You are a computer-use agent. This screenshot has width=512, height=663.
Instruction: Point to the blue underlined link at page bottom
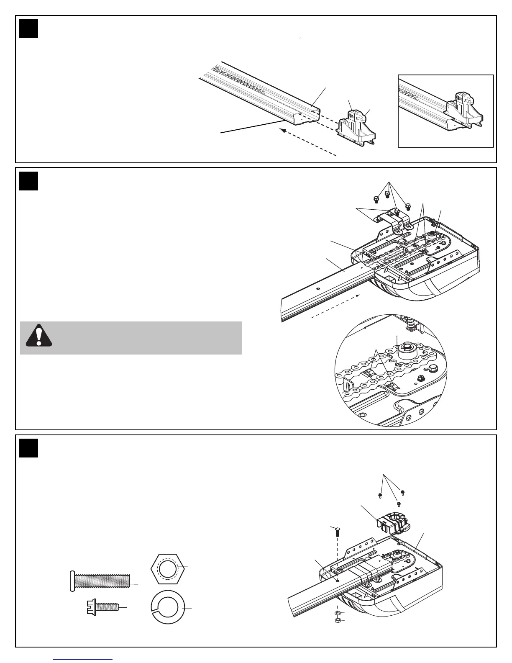83,660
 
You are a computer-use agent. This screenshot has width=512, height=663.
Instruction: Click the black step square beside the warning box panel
28,181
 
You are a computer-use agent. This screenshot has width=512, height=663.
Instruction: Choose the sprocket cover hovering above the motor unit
393,523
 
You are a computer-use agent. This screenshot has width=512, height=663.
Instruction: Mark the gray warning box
131,338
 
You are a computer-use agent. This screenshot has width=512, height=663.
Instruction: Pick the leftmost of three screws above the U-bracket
376,198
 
